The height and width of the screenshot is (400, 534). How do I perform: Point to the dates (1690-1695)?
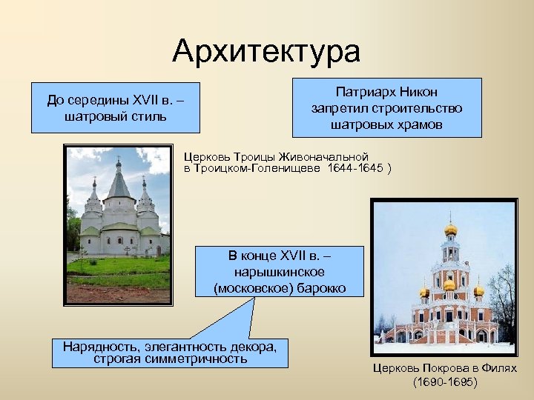click(x=446, y=382)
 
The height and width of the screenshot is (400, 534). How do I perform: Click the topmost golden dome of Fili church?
click(x=450, y=229)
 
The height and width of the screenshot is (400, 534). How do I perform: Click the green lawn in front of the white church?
click(x=119, y=267)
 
